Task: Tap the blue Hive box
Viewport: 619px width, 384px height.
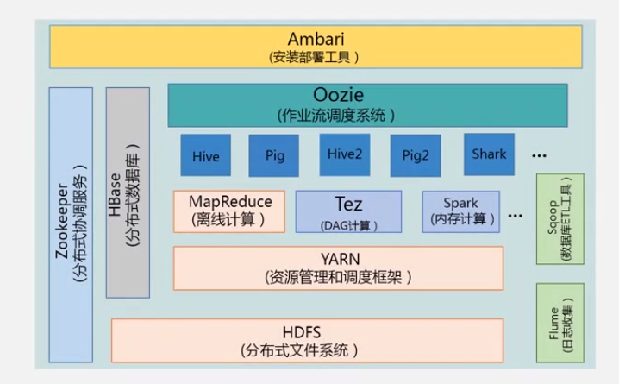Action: tap(205, 156)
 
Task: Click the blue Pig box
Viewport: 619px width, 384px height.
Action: tap(274, 156)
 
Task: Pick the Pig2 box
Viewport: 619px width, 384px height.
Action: tap(416, 156)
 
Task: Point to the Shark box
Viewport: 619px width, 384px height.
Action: tap(489, 154)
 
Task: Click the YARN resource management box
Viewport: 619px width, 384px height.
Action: tap(338, 268)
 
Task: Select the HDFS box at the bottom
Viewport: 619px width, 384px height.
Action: tap(308, 340)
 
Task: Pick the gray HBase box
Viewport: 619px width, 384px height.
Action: tap(128, 192)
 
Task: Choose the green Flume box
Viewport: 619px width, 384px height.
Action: tap(560, 323)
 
